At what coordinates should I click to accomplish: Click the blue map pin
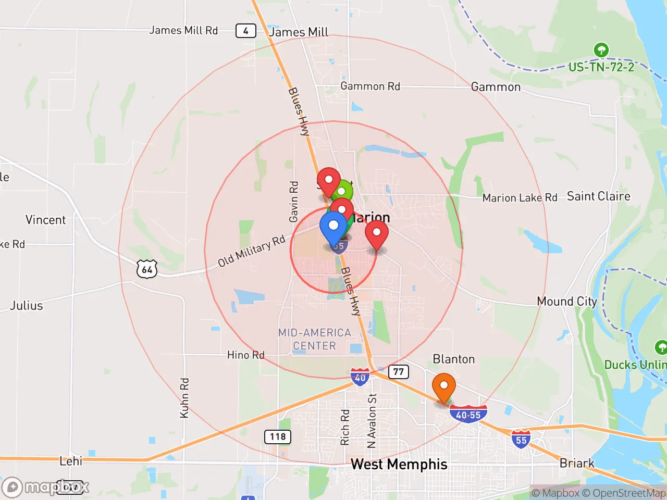333,227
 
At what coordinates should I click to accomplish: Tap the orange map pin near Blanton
444,386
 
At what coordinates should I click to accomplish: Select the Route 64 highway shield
147,269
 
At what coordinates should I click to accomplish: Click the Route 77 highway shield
398,371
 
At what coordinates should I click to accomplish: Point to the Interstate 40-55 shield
468,415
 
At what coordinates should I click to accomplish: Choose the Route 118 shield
278,436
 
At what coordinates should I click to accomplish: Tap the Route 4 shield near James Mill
245,31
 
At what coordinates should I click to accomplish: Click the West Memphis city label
399,464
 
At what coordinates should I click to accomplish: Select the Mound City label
567,302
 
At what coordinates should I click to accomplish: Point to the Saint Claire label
598,196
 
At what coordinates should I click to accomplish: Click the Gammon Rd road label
370,86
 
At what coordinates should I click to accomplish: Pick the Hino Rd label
246,355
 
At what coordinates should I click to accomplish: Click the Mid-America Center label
314,339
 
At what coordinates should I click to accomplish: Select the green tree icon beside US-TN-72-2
601,50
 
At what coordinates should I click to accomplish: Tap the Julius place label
27,306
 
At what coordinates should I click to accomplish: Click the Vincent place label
46,220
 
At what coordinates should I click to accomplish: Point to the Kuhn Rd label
184,398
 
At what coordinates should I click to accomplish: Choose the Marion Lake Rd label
520,198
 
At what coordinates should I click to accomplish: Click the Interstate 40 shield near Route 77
360,377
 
